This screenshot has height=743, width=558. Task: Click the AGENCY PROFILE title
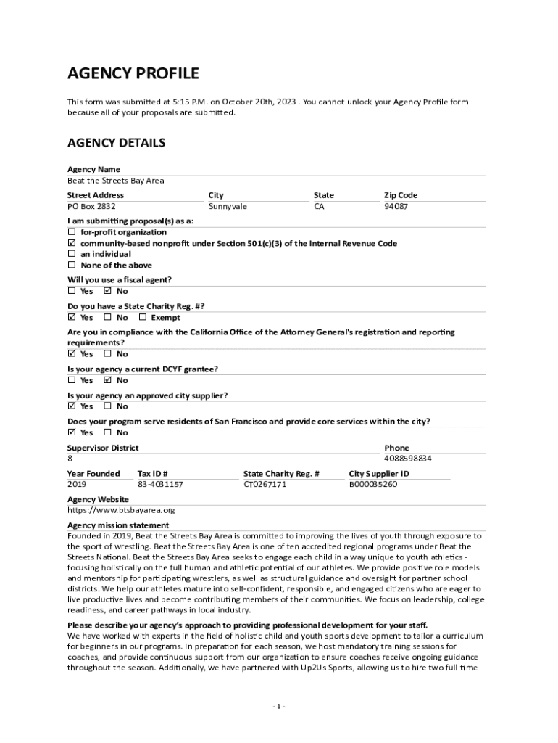133,73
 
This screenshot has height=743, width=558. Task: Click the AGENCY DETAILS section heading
116,143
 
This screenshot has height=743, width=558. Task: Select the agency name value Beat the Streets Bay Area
116,181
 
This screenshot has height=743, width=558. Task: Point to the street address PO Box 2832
91,207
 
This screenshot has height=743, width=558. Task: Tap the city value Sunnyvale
228,207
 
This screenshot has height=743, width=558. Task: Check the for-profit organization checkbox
72,232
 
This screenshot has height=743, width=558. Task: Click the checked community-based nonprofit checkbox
72,244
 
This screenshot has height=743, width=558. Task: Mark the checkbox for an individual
72,255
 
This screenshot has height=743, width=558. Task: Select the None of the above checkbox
72,266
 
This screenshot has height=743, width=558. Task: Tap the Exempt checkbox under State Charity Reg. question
143,318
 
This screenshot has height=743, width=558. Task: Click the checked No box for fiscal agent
107,292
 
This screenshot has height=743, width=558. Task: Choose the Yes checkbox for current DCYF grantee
72,380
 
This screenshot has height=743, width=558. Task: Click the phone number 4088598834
408,459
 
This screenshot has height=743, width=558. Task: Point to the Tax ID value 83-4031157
160,485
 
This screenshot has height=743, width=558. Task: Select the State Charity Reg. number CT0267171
265,485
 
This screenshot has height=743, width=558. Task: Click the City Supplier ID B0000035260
373,485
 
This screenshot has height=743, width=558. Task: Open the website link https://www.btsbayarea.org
121,510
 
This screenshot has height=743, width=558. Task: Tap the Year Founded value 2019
77,485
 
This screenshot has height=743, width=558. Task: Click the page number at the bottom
279,707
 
